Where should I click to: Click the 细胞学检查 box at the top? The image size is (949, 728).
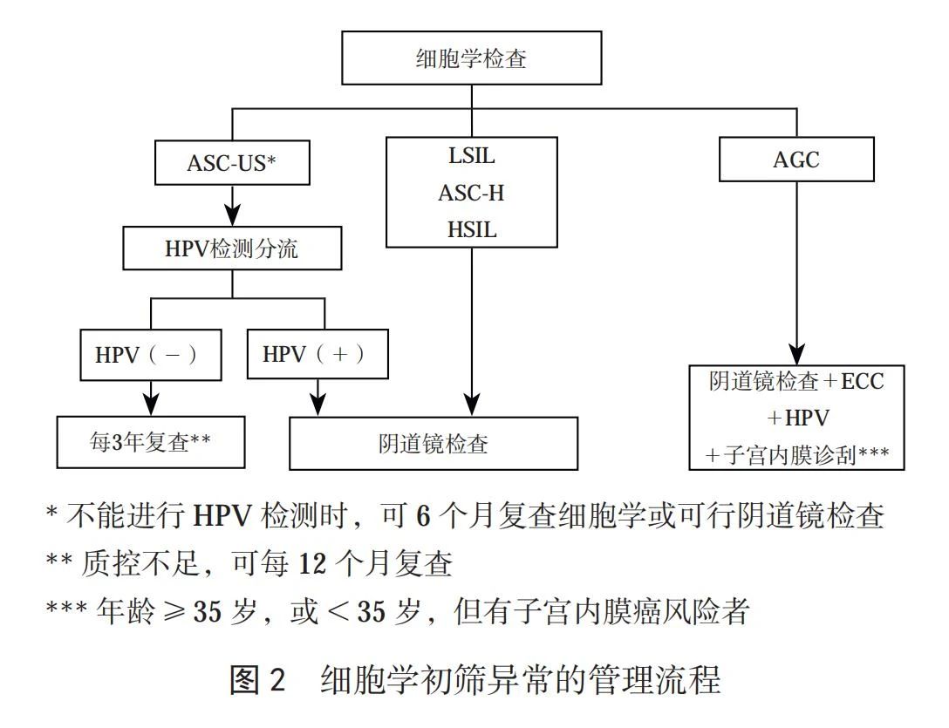472,60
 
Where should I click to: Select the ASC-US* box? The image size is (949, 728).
231,163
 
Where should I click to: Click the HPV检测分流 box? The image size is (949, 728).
231,248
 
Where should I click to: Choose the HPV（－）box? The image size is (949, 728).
151,355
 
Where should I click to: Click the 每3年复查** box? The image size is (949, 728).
151,442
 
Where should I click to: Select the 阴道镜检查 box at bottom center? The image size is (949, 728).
433,443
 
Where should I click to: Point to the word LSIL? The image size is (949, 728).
471,157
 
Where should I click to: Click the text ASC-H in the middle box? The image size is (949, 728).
471,193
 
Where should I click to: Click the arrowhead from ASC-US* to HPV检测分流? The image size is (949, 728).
232,215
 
